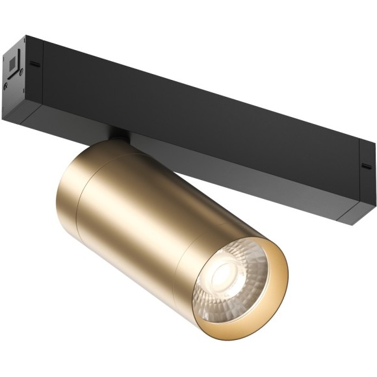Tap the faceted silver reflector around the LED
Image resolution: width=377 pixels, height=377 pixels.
[x=244, y=286]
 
